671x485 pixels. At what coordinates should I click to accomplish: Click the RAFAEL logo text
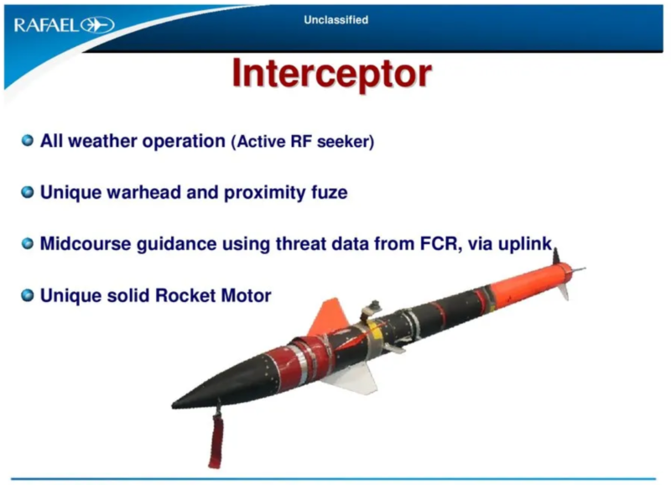pyautogui.click(x=47, y=25)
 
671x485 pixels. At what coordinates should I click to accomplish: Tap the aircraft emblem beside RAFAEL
pyautogui.click(x=97, y=25)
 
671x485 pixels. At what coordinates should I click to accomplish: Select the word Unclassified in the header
pyautogui.click(x=336, y=19)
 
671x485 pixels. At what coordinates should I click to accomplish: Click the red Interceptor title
pyautogui.click(x=331, y=73)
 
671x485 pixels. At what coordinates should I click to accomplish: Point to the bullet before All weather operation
pyautogui.click(x=28, y=140)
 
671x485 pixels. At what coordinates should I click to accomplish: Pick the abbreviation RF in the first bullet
pyautogui.click(x=301, y=141)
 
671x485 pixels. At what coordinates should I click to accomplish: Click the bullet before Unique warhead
pyautogui.click(x=28, y=192)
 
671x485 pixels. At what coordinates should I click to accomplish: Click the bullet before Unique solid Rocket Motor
pyautogui.click(x=28, y=295)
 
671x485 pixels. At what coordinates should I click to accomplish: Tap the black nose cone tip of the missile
pyautogui.click(x=173, y=404)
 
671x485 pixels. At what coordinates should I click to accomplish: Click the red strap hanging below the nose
pyautogui.click(x=216, y=441)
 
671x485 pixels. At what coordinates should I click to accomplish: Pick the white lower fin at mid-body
pyautogui.click(x=354, y=378)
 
